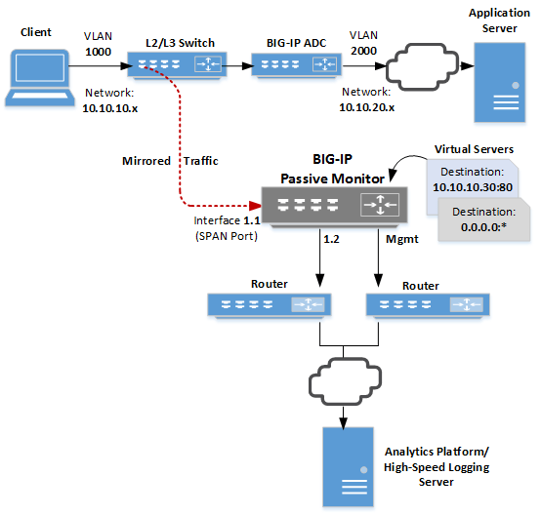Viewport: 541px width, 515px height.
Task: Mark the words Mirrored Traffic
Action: pos(169,160)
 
